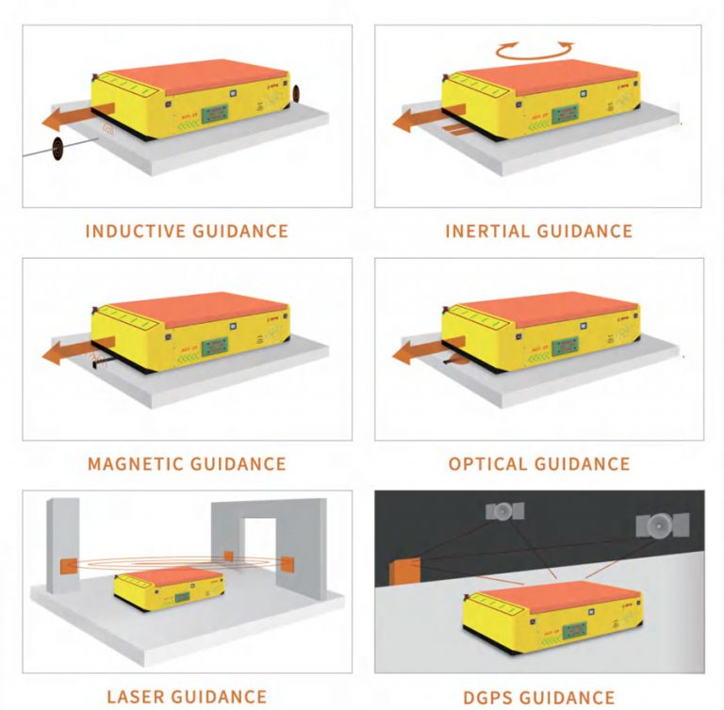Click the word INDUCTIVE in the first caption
[127, 231]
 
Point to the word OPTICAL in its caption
[487, 463]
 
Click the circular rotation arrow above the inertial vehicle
[535, 49]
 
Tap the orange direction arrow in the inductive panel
[72, 119]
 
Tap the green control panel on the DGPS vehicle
[568, 626]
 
